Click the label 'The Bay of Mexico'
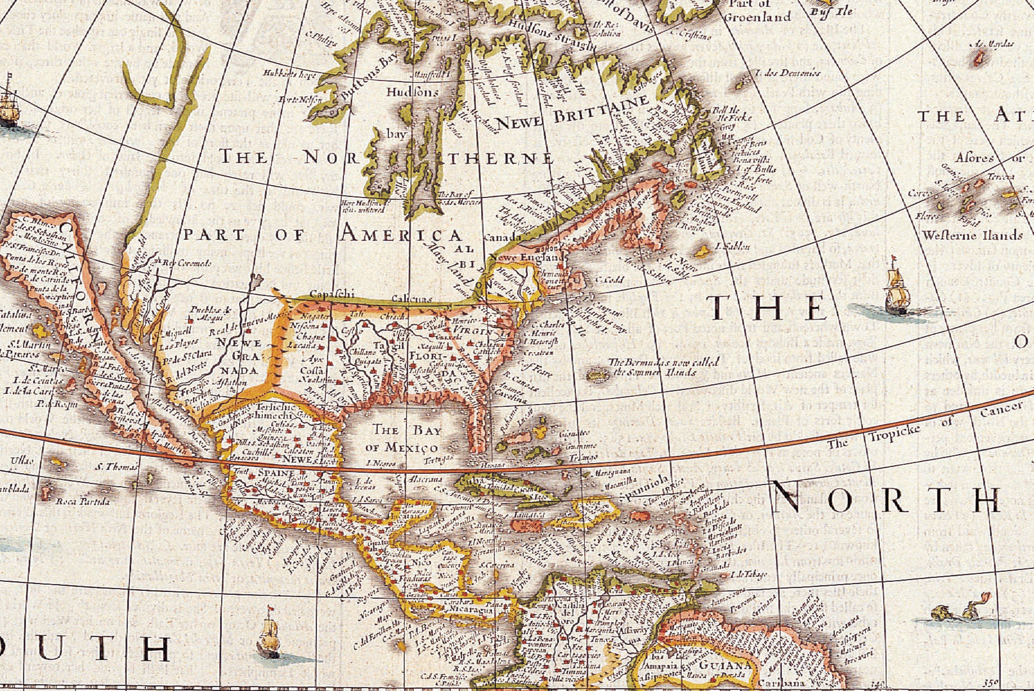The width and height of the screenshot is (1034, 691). click(x=402, y=438)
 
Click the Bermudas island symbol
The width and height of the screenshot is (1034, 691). click(x=596, y=375)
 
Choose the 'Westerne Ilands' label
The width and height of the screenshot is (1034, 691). click(x=972, y=235)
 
